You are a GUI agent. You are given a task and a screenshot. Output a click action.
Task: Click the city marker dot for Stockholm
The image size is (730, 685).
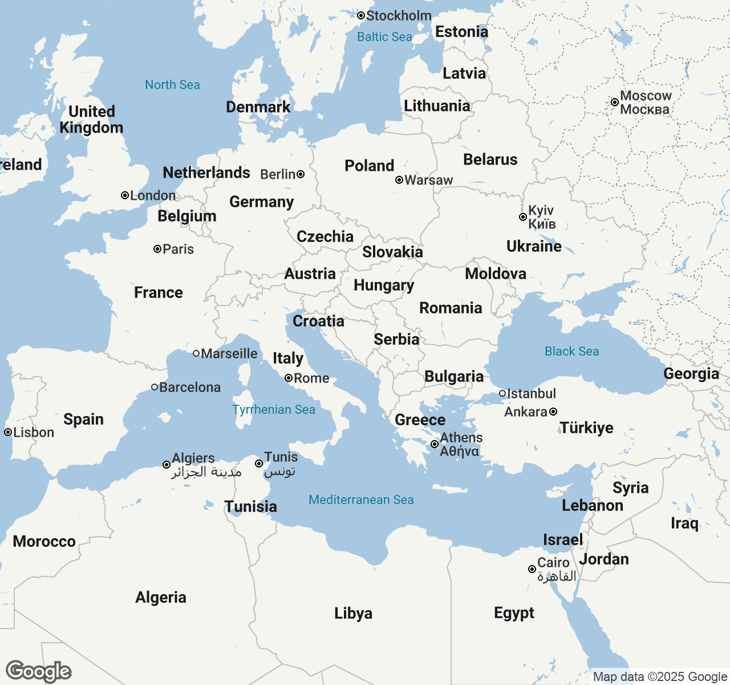point(361,15)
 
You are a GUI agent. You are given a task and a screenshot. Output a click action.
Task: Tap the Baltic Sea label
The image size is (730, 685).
point(384,37)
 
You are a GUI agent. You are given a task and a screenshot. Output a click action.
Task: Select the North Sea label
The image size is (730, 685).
point(172,84)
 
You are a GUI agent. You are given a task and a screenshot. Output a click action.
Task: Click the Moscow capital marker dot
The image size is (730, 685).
point(615,102)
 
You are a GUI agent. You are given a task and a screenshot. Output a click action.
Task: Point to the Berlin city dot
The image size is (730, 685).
point(301,174)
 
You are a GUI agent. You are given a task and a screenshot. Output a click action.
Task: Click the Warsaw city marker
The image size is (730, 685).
point(399,180)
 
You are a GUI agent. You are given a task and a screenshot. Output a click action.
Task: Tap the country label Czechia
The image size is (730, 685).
point(325,236)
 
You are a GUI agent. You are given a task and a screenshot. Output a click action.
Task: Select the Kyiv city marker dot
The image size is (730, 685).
point(522,217)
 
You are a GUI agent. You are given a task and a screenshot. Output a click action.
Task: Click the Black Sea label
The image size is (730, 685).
point(571,351)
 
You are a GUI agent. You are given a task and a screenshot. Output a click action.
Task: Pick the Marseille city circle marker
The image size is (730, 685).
point(196,353)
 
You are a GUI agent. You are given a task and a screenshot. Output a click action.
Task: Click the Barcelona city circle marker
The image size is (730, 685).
point(155,387)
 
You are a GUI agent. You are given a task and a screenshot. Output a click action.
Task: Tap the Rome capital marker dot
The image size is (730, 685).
point(289,378)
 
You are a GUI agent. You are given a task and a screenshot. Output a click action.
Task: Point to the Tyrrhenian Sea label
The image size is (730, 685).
point(274,409)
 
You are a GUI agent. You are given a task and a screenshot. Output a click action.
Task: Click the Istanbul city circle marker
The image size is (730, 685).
point(502,393)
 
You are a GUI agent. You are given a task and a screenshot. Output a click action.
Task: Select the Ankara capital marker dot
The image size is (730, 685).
point(553,412)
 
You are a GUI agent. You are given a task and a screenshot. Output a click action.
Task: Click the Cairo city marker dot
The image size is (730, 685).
point(532,569)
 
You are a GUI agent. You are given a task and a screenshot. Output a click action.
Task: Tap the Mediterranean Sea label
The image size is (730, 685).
point(361,499)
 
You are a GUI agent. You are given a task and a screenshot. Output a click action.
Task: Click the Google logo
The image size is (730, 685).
point(39,671)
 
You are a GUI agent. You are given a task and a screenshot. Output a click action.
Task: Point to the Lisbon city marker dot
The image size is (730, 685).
point(8,432)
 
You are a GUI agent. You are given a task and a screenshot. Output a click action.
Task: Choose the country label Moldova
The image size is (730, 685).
point(496,273)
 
